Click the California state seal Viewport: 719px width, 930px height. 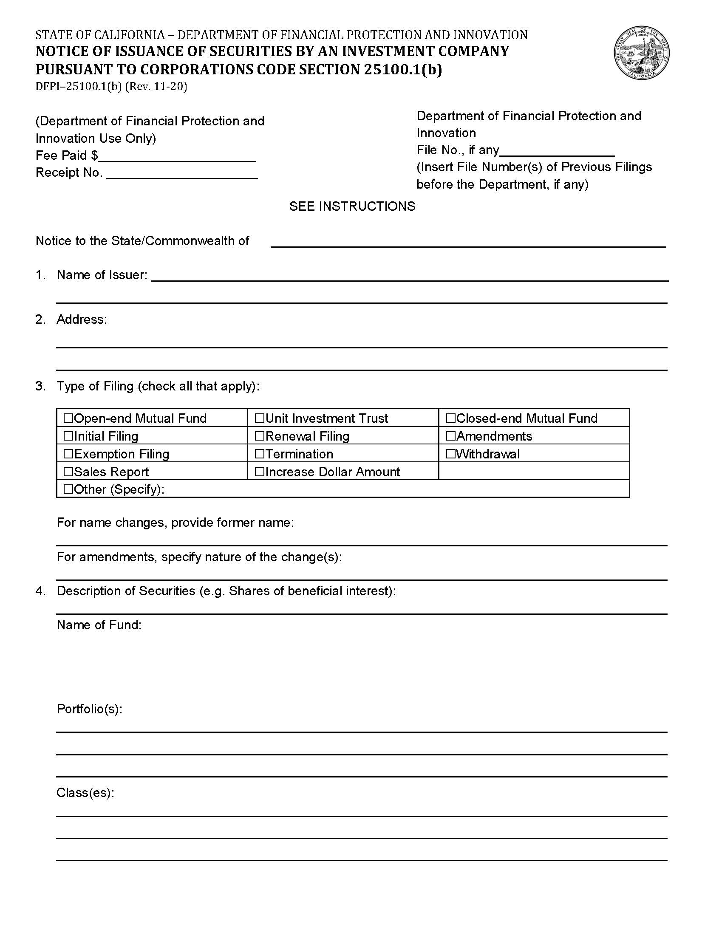(x=642, y=53)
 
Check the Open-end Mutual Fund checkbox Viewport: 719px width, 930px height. (x=68, y=418)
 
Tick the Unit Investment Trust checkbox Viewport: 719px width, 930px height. (x=259, y=418)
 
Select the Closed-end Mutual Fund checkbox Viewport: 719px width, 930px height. (x=451, y=418)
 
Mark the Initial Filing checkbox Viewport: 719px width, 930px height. (x=68, y=436)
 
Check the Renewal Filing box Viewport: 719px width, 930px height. (x=259, y=436)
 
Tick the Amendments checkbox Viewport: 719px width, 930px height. (x=451, y=436)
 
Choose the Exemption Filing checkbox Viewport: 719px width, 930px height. (x=68, y=454)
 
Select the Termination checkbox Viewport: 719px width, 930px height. (x=259, y=454)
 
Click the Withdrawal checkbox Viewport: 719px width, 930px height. (x=451, y=454)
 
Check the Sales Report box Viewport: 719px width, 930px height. (x=68, y=472)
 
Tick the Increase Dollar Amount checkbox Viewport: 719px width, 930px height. (x=259, y=472)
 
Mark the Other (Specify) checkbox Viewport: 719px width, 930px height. (x=68, y=489)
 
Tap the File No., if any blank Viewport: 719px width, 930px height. (x=557, y=152)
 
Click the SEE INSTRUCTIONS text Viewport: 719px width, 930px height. (x=352, y=206)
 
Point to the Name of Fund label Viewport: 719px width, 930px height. (x=99, y=625)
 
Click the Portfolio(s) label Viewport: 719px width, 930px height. (x=89, y=709)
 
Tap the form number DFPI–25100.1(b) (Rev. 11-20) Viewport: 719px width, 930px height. (x=111, y=87)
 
